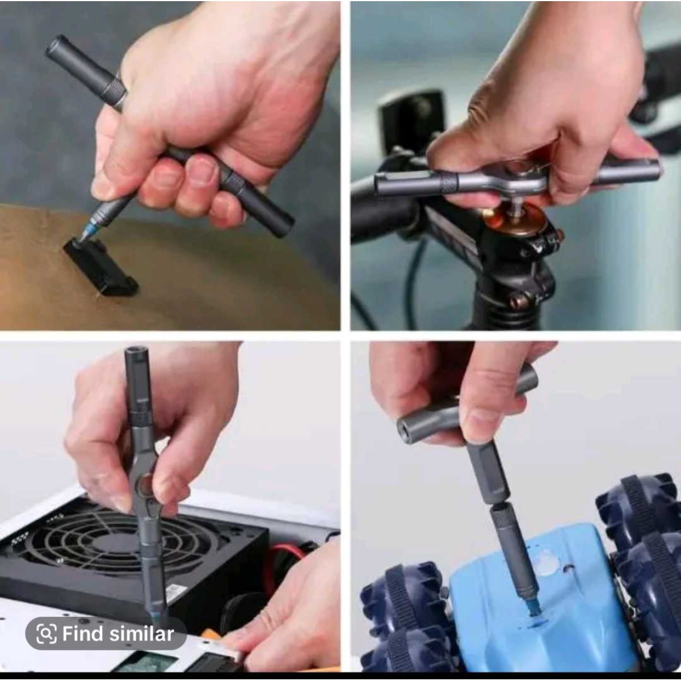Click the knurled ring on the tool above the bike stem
[x=449, y=183]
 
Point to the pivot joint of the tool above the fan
[x=145, y=482]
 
